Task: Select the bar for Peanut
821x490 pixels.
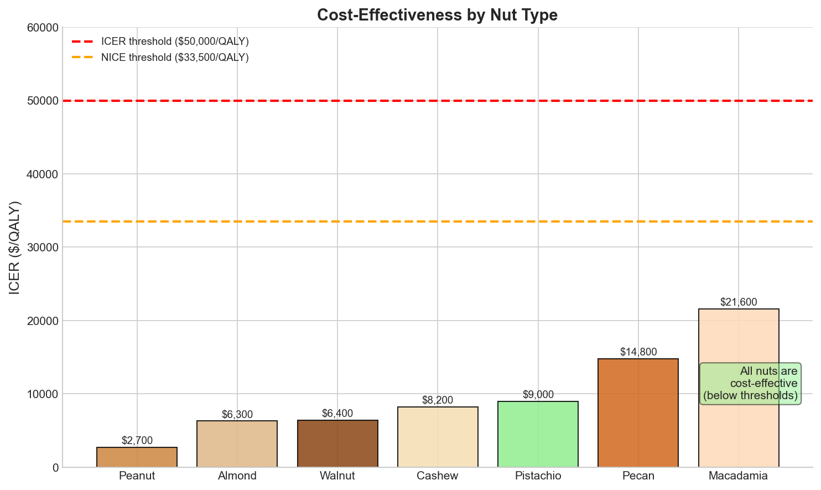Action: tap(137, 457)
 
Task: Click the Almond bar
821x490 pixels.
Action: tap(237, 443)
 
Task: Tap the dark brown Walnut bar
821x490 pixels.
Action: tap(337, 443)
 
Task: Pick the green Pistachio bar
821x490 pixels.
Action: tap(538, 434)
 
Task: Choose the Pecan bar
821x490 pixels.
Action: tap(638, 412)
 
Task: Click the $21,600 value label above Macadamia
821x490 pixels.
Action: tap(739, 302)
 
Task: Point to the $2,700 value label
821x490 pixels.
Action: tap(137, 441)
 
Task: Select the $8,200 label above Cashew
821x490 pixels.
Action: tap(438, 400)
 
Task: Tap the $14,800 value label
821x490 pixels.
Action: tap(638, 352)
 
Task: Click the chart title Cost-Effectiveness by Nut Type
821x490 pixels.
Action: tap(437, 15)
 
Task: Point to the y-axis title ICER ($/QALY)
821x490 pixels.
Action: tap(15, 247)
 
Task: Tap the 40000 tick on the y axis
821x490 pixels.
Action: tap(43, 174)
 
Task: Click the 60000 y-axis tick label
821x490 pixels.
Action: tap(43, 28)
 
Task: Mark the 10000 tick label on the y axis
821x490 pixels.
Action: tap(43, 394)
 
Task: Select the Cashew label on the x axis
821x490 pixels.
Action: tap(438, 476)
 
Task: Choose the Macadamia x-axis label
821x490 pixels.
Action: tap(739, 476)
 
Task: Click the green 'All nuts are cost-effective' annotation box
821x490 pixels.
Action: tap(750, 383)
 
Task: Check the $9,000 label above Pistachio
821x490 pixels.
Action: tap(538, 395)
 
